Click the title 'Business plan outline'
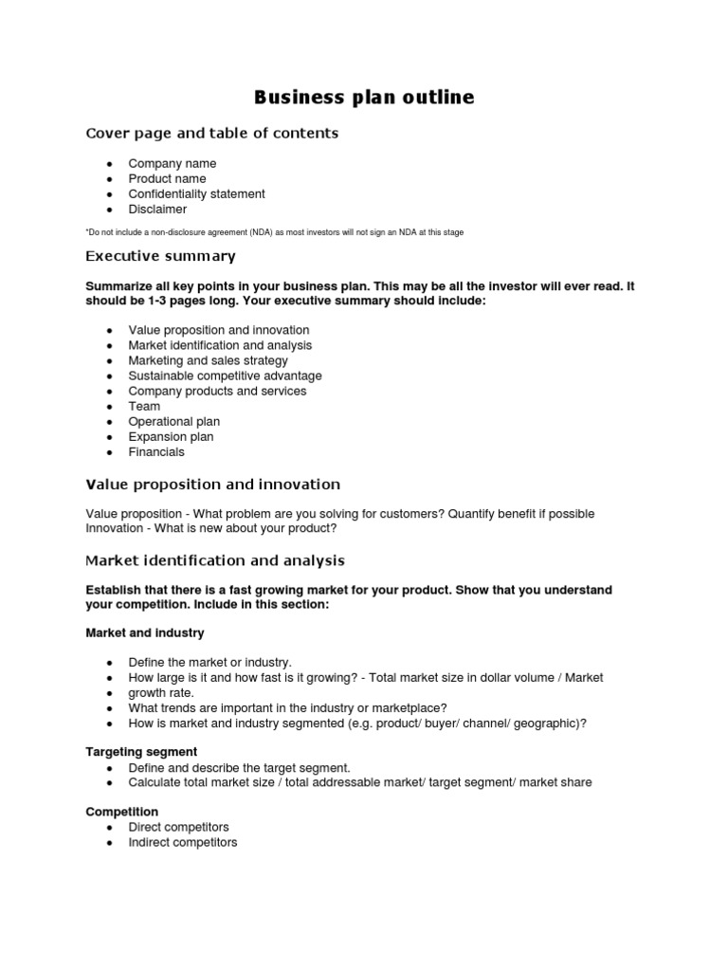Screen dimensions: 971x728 tap(364, 98)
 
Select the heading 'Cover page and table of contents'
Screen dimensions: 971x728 tap(211, 134)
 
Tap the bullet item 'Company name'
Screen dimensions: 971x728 tap(172, 164)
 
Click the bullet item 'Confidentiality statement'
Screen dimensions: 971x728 tap(196, 194)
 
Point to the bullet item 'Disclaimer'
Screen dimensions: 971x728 tap(157, 210)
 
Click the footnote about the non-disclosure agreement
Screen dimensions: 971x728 tap(274, 232)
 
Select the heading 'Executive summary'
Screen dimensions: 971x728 tap(160, 257)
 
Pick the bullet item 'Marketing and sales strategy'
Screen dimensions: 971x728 tap(208, 361)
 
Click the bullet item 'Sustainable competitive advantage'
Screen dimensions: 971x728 tap(225, 376)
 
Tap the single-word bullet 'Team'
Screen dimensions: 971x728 tap(144, 407)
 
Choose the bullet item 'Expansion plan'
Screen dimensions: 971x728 tap(171, 437)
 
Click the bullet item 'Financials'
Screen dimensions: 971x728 tap(156, 452)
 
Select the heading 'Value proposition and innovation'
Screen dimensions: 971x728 tap(212, 485)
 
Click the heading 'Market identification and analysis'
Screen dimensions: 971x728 tap(215, 560)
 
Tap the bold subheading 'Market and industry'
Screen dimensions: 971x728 tap(144, 632)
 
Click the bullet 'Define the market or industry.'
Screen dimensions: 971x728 tap(209, 663)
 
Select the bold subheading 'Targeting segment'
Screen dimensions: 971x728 tap(141, 752)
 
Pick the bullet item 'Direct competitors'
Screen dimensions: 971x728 tap(178, 828)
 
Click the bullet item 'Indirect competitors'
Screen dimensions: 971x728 tap(182, 843)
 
